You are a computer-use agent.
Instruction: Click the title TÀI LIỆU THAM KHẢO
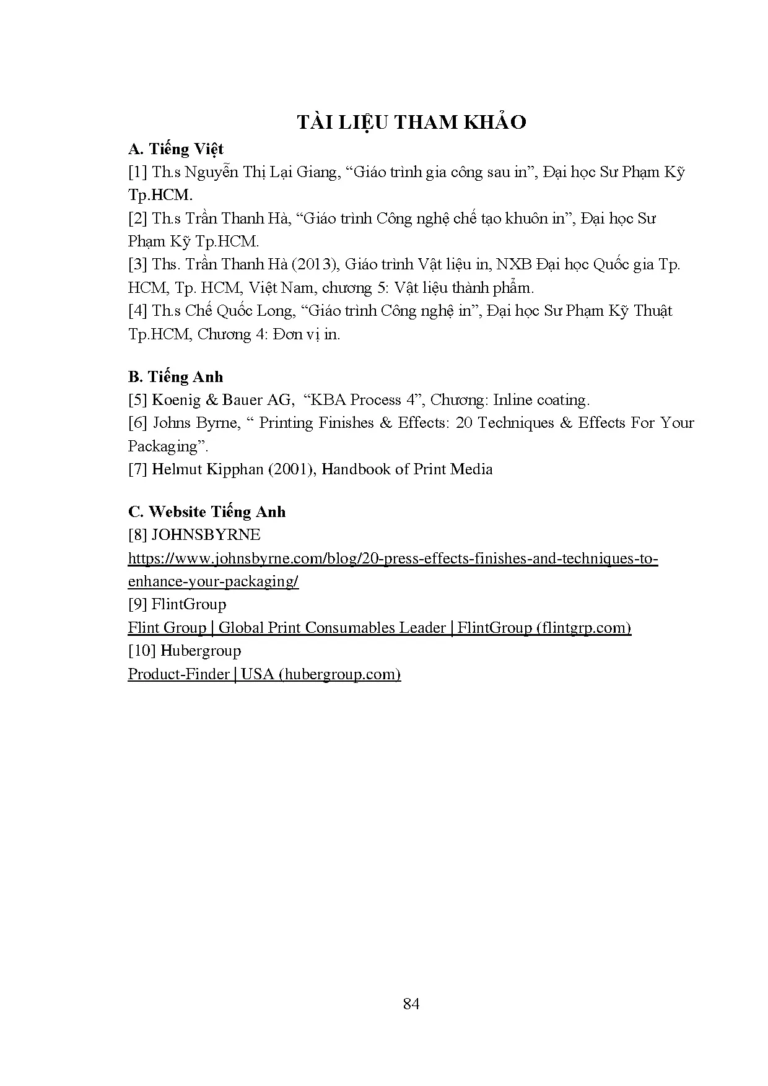(x=411, y=123)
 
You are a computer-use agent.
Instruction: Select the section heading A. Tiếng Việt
(x=176, y=149)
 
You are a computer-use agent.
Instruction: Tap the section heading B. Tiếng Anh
(x=176, y=377)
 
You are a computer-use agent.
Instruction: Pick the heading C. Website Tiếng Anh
(x=207, y=512)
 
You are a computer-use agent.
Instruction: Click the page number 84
(x=411, y=1004)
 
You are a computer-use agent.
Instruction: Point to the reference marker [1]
(x=137, y=172)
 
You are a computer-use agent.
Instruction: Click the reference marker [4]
(x=137, y=311)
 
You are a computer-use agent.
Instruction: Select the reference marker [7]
(x=137, y=469)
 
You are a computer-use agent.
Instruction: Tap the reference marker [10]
(x=142, y=651)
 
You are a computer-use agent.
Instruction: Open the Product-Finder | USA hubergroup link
(x=264, y=674)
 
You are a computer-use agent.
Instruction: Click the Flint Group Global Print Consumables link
(x=379, y=628)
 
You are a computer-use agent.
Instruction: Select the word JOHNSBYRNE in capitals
(x=206, y=535)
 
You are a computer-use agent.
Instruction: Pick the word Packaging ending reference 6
(x=162, y=446)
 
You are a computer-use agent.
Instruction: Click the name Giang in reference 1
(x=316, y=172)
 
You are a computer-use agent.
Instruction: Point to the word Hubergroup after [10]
(x=201, y=651)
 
